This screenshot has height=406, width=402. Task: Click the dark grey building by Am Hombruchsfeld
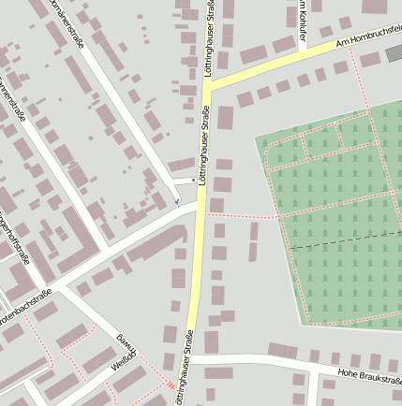[395, 53]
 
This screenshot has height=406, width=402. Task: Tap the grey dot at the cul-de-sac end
[193, 179]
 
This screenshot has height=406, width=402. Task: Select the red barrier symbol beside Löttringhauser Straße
[170, 384]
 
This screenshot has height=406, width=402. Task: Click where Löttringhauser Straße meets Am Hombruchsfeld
[208, 86]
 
